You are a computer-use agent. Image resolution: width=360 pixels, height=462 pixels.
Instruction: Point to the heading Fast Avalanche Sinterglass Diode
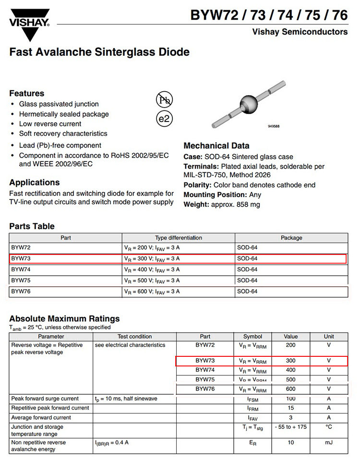[99, 52]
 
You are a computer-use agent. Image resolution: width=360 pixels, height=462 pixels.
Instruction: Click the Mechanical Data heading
[216, 146]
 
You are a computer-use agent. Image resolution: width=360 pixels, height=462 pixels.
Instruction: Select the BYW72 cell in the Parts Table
[21, 248]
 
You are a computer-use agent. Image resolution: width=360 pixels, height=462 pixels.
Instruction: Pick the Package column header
[291, 238]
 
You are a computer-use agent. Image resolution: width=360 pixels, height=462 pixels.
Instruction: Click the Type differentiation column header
[178, 238]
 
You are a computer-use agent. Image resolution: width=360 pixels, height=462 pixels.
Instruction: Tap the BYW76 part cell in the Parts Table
[21, 292]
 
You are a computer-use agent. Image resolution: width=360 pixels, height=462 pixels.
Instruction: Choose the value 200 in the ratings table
[290, 345]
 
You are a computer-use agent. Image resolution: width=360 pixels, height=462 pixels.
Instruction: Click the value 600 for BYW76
[290, 389]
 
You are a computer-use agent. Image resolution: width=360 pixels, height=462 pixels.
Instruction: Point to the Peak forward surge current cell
[45, 399]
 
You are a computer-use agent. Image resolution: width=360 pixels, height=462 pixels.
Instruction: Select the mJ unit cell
[329, 442]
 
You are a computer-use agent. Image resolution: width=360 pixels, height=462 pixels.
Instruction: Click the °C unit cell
[329, 427]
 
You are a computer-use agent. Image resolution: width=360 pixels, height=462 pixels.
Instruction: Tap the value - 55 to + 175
[290, 427]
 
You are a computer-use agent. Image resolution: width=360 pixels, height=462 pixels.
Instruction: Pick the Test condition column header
[134, 336]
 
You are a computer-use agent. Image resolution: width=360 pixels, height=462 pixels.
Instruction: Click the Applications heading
[35, 182]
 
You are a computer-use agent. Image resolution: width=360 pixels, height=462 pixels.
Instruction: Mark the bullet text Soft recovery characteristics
[63, 134]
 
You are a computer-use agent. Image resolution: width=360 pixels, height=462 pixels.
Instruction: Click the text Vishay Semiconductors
[300, 32]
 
